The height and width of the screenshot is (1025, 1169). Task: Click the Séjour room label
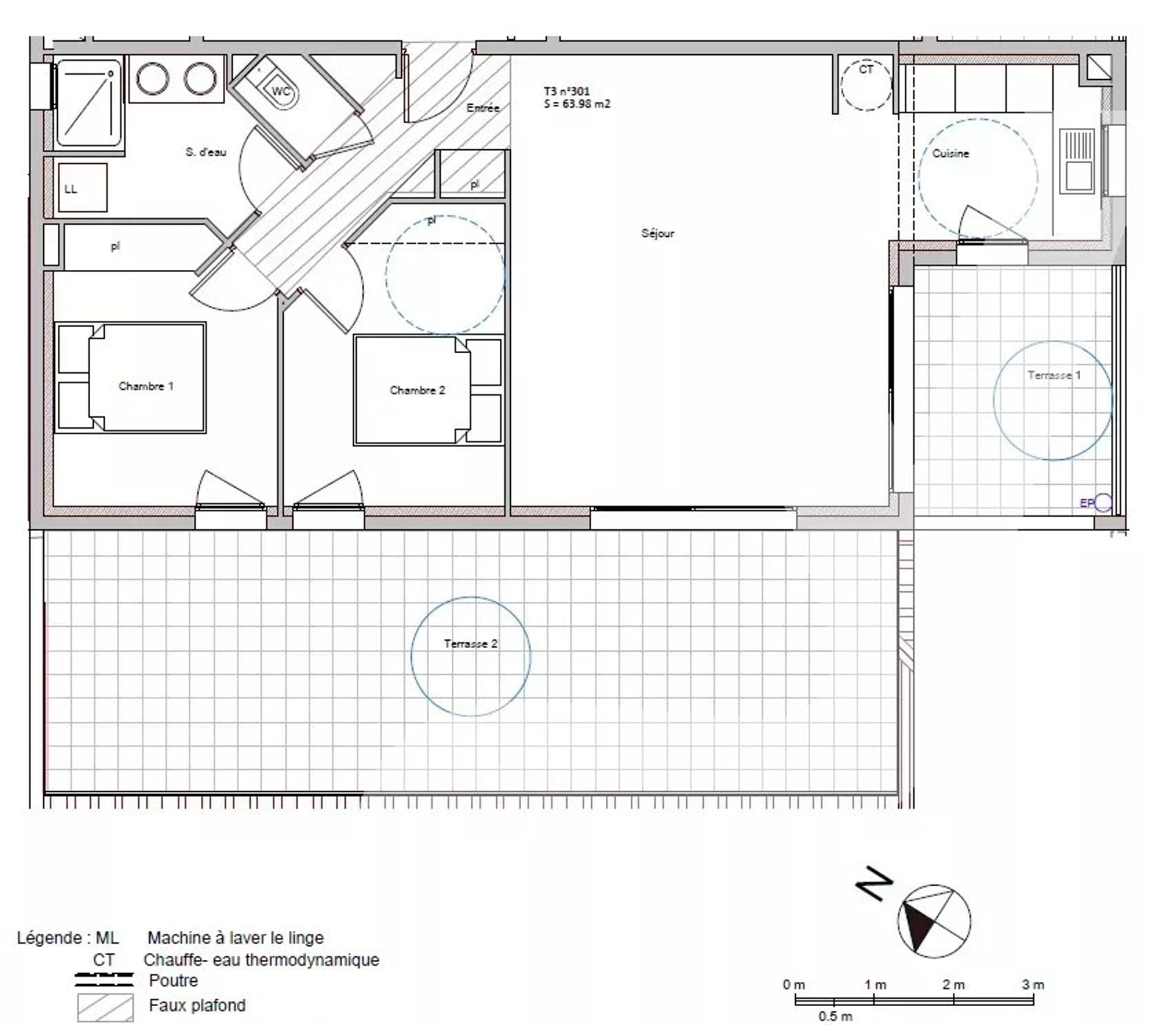coord(658,233)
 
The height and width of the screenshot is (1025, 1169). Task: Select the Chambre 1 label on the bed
coord(146,386)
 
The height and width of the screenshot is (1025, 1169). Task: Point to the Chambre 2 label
coord(418,390)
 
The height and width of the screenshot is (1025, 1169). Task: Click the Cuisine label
coord(950,153)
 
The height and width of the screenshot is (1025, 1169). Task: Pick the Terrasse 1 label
coord(1055,375)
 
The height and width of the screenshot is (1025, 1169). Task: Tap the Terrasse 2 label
coord(471,644)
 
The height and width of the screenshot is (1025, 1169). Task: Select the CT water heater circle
coord(866,84)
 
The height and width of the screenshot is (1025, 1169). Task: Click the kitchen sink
coord(1077,161)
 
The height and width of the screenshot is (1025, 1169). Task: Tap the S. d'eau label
coord(206,152)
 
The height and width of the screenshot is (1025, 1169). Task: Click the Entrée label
coord(483,108)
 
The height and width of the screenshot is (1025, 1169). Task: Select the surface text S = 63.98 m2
coord(577,104)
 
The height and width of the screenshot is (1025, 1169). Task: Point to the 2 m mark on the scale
coord(954,985)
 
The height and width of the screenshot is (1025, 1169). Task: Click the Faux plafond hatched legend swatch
coord(105,1008)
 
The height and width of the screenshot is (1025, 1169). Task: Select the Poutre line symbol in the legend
coord(104,981)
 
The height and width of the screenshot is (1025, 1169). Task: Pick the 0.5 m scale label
coord(835,1016)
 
